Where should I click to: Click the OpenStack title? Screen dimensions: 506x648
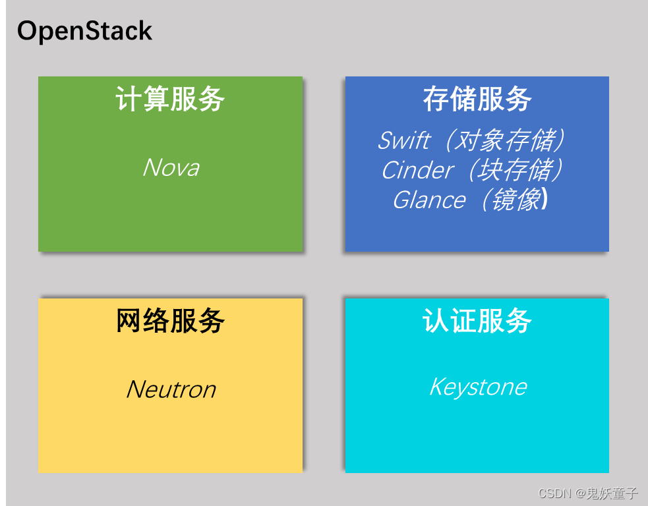point(84,31)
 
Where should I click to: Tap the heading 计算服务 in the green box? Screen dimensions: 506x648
point(170,99)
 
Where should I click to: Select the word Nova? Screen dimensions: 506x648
point(171,167)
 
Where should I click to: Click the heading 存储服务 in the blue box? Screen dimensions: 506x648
point(477,99)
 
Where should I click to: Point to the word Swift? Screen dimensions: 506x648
point(403,140)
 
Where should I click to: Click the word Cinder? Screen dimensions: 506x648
point(417,170)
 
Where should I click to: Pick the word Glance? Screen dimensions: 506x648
point(428,200)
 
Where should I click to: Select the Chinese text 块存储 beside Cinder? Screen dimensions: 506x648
point(514,170)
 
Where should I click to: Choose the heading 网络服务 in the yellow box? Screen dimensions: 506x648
point(170,322)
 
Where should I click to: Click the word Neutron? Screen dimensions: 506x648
point(171,389)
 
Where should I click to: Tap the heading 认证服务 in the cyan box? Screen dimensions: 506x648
point(477,322)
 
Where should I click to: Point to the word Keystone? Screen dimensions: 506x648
point(478,387)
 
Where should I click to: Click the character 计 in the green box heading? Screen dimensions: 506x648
point(126,99)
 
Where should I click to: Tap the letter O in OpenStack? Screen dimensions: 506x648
point(28,31)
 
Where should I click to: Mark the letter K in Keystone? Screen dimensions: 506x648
point(436,386)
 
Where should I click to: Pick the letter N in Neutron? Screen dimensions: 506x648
point(134,389)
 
